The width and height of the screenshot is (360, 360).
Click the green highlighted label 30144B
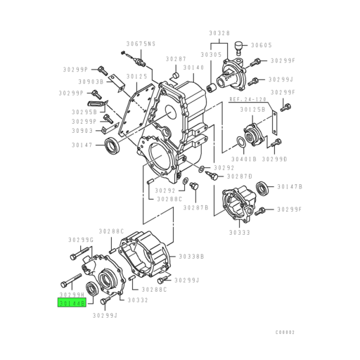[72, 304]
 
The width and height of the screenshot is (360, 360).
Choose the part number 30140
[194, 67]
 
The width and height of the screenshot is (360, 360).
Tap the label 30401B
[247, 160]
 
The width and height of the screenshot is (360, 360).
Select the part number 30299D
[275, 160]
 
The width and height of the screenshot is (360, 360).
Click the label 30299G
[82, 240]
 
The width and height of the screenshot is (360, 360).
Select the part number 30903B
[91, 82]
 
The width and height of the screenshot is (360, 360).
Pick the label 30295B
[84, 111]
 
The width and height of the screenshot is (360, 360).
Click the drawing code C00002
[285, 332]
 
